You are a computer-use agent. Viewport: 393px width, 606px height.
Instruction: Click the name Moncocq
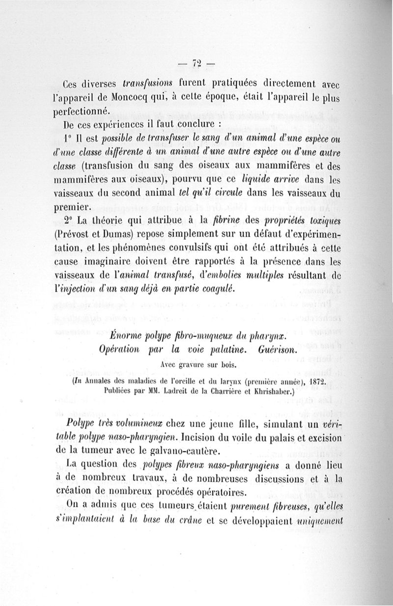click(x=140, y=97)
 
